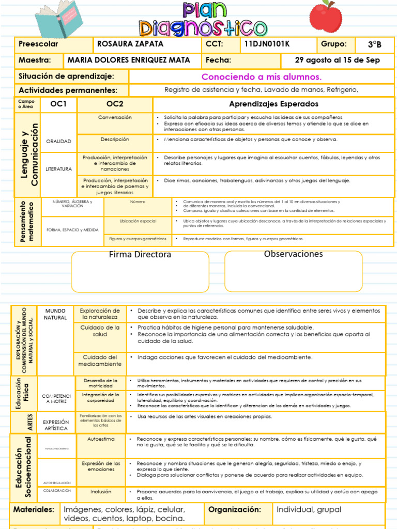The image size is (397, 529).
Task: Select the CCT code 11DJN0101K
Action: pyautogui.click(x=266, y=44)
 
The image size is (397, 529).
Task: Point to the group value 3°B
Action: pyautogui.click(x=374, y=45)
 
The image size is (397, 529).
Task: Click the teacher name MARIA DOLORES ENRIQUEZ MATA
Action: pyautogui.click(x=129, y=60)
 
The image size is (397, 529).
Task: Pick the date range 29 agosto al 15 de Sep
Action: pyautogui.click(x=337, y=60)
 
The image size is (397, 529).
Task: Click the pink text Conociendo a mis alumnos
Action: pyautogui.click(x=261, y=77)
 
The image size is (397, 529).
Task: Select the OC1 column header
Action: pyautogui.click(x=58, y=104)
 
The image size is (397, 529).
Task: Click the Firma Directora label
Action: pyautogui.click(x=140, y=255)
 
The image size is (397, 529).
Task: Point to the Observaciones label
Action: pyautogui.click(x=293, y=254)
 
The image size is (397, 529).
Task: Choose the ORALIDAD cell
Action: pyautogui.click(x=58, y=141)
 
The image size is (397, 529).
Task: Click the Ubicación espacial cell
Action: pyautogui.click(x=138, y=221)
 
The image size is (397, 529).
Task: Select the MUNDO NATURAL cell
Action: pyautogui.click(x=55, y=314)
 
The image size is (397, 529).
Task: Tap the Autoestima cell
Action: pyautogui.click(x=101, y=438)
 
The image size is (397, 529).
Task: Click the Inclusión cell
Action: pyautogui.click(x=101, y=492)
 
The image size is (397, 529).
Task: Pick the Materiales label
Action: pyautogui.click(x=34, y=509)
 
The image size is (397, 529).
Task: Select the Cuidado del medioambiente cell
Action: pyautogui.click(x=100, y=361)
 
